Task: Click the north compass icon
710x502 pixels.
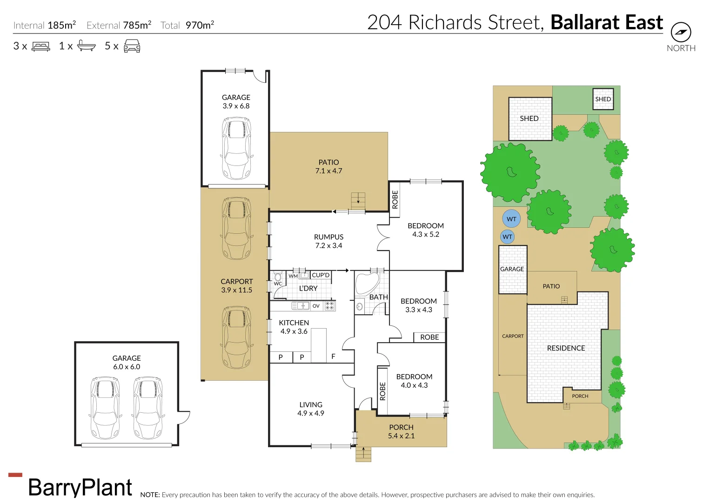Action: (681, 32)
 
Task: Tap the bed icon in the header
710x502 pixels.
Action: (41, 46)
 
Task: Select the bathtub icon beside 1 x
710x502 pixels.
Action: (87, 46)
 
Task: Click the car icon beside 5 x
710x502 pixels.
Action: (132, 46)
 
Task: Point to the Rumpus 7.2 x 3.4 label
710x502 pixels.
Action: (328, 241)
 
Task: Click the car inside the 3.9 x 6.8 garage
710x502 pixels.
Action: (237, 148)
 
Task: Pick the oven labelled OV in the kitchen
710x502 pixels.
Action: (316, 306)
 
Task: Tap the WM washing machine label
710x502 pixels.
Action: (293, 276)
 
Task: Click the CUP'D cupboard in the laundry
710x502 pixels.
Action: (321, 275)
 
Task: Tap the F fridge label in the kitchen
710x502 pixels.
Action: (333, 357)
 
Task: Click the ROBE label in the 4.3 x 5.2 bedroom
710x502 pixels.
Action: (395, 199)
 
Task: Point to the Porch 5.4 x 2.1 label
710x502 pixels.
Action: (401, 431)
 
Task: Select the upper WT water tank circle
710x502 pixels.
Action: (511, 219)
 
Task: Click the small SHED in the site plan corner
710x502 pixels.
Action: (603, 99)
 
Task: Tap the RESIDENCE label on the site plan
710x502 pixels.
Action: (566, 348)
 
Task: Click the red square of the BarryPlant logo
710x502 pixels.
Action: (15, 475)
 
